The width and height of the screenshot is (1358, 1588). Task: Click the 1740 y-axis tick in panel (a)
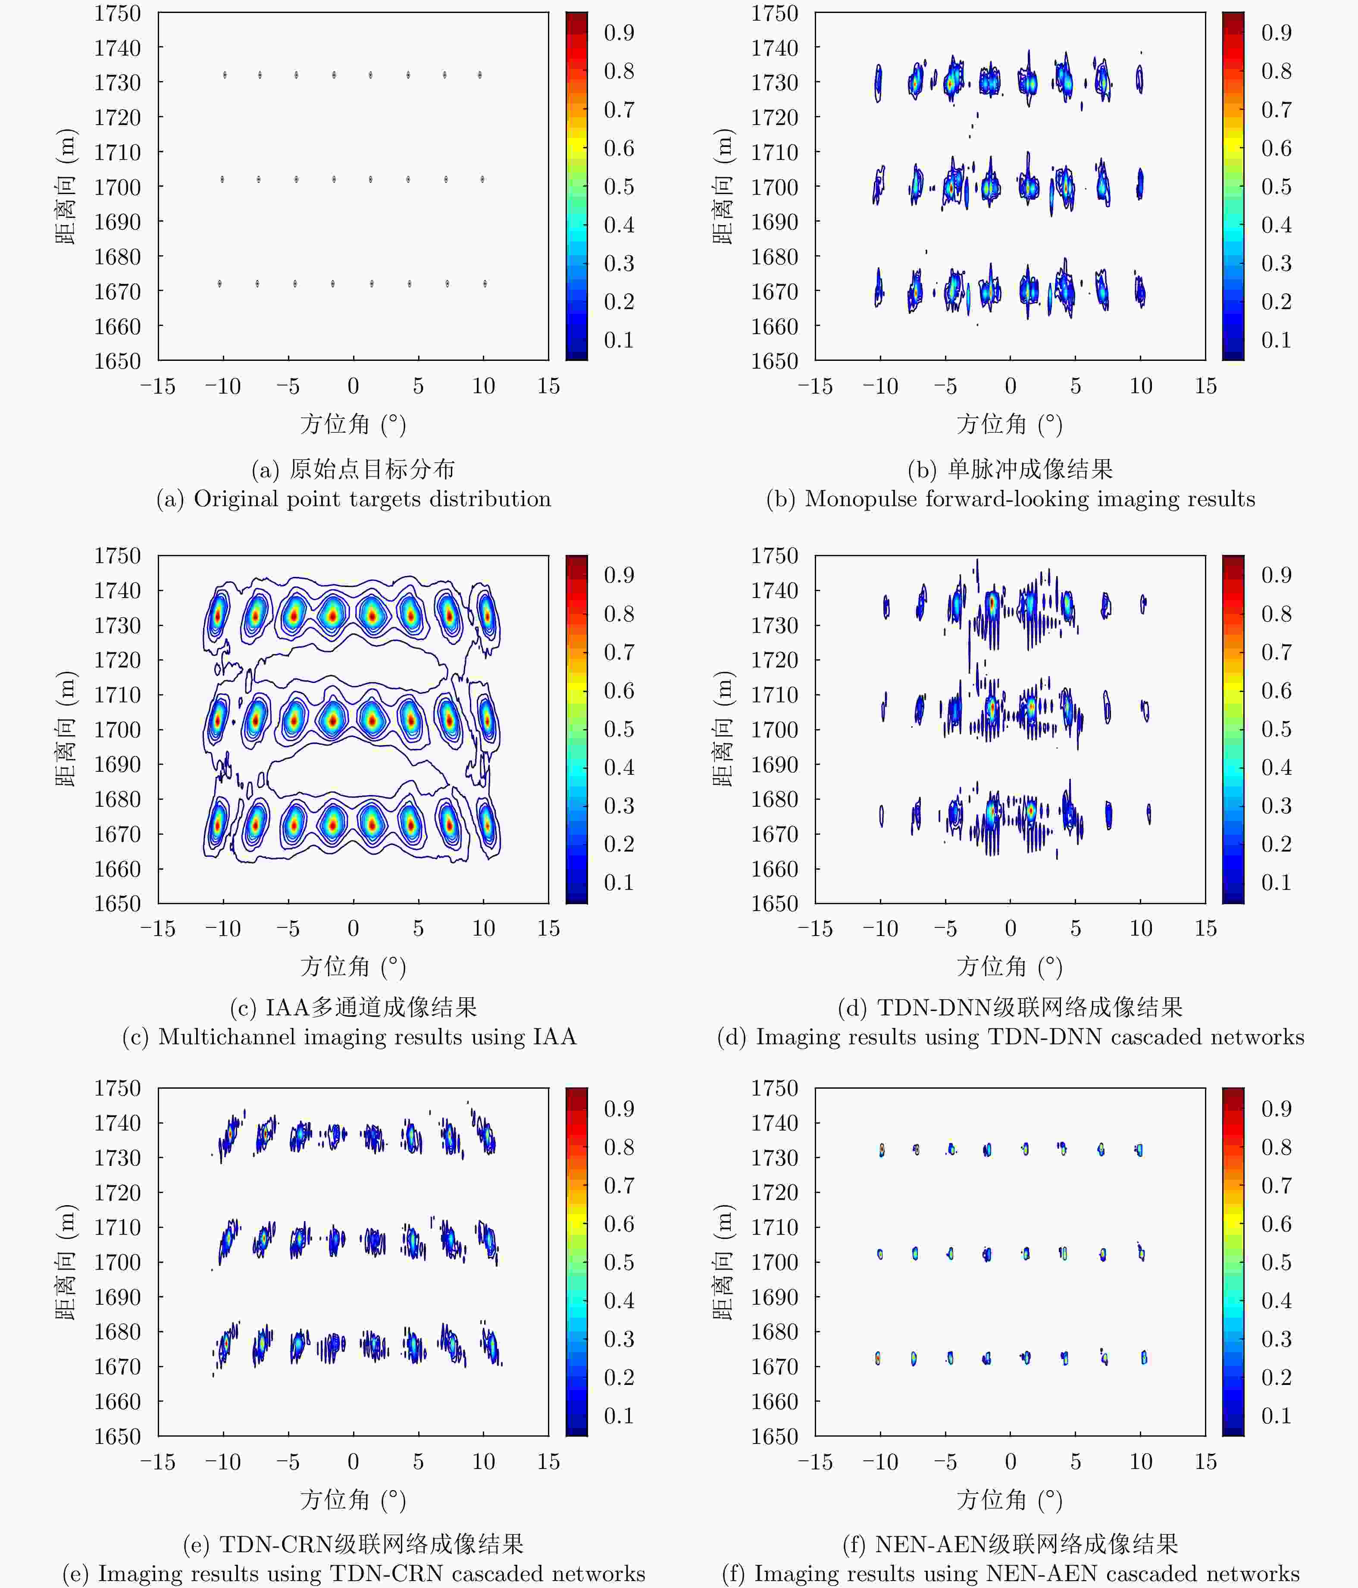tap(117, 48)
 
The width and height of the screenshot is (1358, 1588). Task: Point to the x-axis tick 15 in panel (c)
tap(548, 929)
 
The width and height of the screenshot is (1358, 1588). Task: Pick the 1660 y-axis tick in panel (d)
tap(774, 869)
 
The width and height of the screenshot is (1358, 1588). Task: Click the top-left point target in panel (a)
tap(225, 75)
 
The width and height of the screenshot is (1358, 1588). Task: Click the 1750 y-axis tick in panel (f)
tap(774, 1088)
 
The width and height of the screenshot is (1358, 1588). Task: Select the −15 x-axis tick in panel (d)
tap(815, 929)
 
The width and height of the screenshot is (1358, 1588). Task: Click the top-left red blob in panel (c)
tap(218, 614)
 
